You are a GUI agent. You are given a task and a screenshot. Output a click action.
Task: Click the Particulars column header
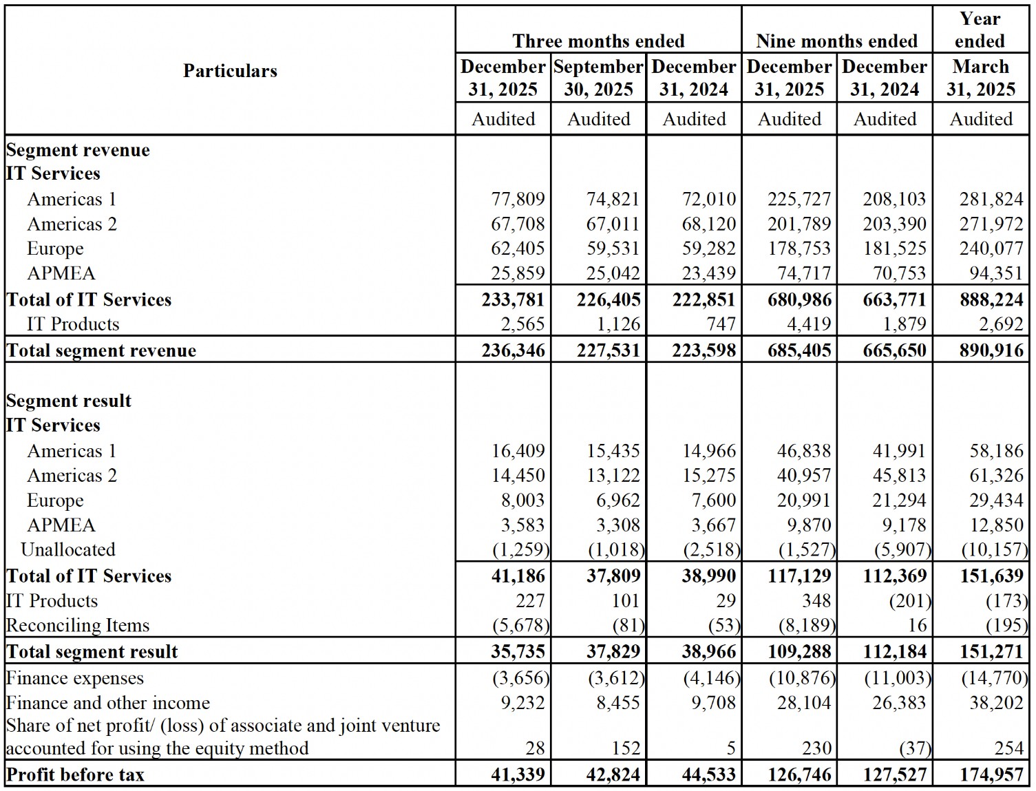pos(230,71)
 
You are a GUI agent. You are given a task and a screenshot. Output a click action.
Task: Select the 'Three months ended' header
pos(598,41)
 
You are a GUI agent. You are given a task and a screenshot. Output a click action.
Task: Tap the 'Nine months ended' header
pos(836,41)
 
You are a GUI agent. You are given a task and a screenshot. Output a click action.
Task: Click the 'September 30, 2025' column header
pos(598,78)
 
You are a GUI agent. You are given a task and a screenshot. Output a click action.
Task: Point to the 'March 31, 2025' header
pos(980,78)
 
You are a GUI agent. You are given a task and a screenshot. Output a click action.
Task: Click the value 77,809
pos(518,200)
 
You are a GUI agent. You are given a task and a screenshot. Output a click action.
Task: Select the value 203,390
pos(894,224)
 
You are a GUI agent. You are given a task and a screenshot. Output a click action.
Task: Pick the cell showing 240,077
pos(991,249)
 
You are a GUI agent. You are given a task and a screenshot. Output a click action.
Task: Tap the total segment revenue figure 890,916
pos(991,350)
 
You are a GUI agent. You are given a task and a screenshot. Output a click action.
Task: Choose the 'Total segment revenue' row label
pos(101,350)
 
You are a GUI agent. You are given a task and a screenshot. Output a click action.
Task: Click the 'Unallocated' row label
pos(68,550)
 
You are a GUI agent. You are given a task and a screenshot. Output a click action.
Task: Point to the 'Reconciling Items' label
pos(78,626)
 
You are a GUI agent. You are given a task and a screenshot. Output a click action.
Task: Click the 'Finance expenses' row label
pos(75,679)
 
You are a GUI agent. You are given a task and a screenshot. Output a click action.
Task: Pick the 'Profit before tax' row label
pos(75,775)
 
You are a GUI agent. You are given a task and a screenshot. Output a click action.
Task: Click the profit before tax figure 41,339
pos(518,775)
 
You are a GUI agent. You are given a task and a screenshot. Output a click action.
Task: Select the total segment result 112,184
pos(894,652)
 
